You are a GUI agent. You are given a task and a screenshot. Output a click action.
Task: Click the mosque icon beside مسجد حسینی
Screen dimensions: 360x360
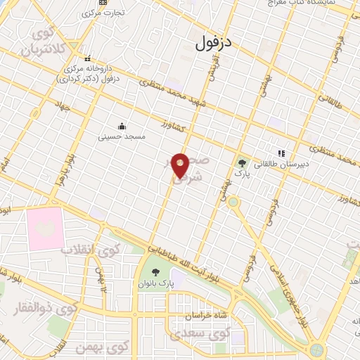tap(122, 127)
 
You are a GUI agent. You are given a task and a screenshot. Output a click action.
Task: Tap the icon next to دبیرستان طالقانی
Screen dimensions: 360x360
tap(281, 153)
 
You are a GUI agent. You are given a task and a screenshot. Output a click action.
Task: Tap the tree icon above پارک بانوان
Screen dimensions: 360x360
tap(155, 272)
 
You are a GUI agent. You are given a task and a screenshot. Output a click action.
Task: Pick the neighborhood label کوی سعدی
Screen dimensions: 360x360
tap(210, 331)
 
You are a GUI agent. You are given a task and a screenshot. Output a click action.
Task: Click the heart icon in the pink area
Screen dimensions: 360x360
tap(45, 228)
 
